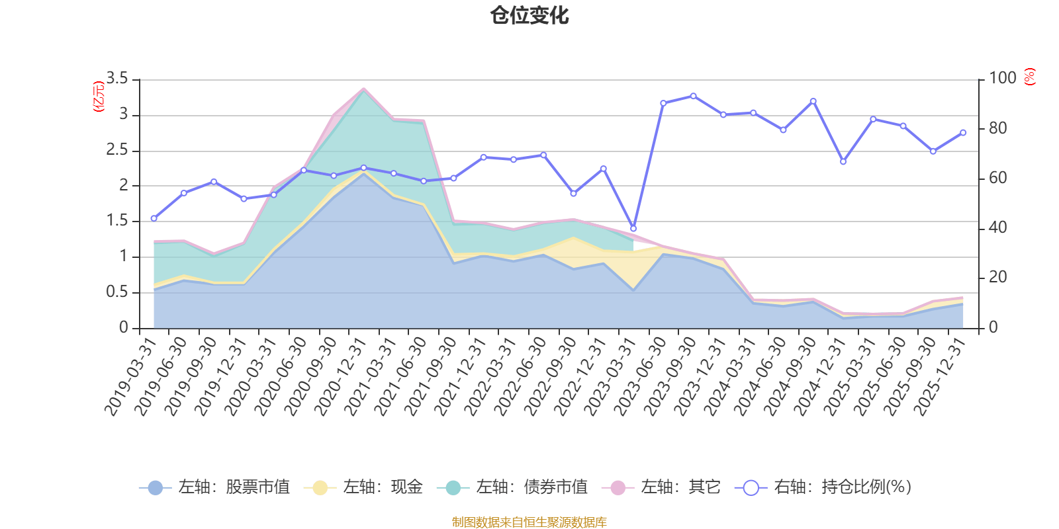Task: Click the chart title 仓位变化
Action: pos(529,15)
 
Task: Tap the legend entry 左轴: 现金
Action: pos(364,488)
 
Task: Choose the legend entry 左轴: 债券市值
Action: pos(513,488)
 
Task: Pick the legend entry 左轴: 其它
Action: pos(661,488)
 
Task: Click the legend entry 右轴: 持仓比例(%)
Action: pos(824,488)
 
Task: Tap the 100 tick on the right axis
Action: pos(1002,79)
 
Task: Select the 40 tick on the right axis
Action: pos(997,227)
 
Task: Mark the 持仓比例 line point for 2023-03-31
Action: pos(633,228)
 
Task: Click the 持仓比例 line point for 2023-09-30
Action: pos(693,96)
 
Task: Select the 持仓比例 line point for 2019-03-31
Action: pos(154,218)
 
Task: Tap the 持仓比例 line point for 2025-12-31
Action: pos(963,132)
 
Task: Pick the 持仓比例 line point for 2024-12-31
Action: pos(843,161)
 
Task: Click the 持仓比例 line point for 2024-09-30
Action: pos(813,101)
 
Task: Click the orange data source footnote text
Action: pos(529,522)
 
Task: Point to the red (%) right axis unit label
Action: pos(1029,77)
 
